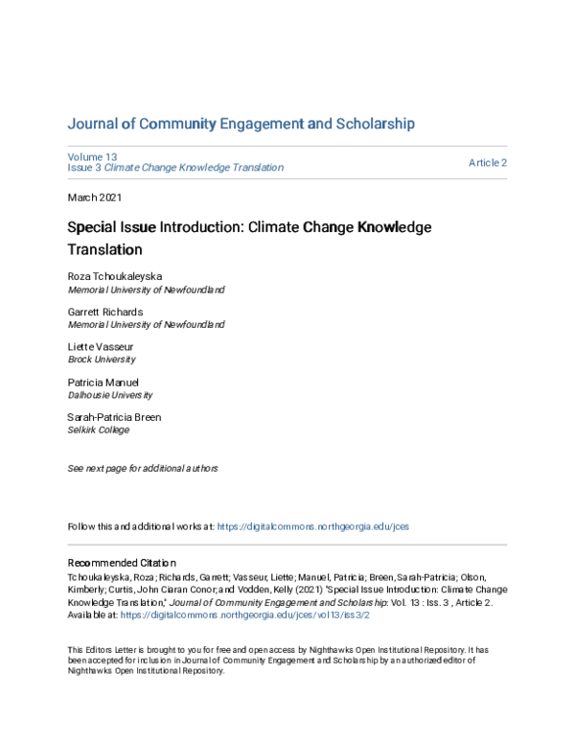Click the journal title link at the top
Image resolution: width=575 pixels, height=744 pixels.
tap(241, 124)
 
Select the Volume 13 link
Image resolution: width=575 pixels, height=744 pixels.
tap(92, 156)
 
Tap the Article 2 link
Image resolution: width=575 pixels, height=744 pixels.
tap(487, 162)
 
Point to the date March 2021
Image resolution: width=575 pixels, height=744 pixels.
tap(96, 197)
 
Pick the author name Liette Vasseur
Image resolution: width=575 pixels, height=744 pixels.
tap(99, 347)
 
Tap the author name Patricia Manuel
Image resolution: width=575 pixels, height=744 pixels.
tap(103, 382)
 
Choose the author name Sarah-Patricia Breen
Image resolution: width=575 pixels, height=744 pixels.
tap(114, 417)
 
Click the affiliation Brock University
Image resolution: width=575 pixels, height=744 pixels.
tap(102, 360)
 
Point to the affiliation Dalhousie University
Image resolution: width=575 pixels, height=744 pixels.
tap(109, 394)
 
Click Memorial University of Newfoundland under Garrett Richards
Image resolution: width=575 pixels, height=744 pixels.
tap(146, 324)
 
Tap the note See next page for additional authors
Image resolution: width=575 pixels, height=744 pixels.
tap(142, 469)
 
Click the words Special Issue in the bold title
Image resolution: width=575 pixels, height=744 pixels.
tap(106, 228)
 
